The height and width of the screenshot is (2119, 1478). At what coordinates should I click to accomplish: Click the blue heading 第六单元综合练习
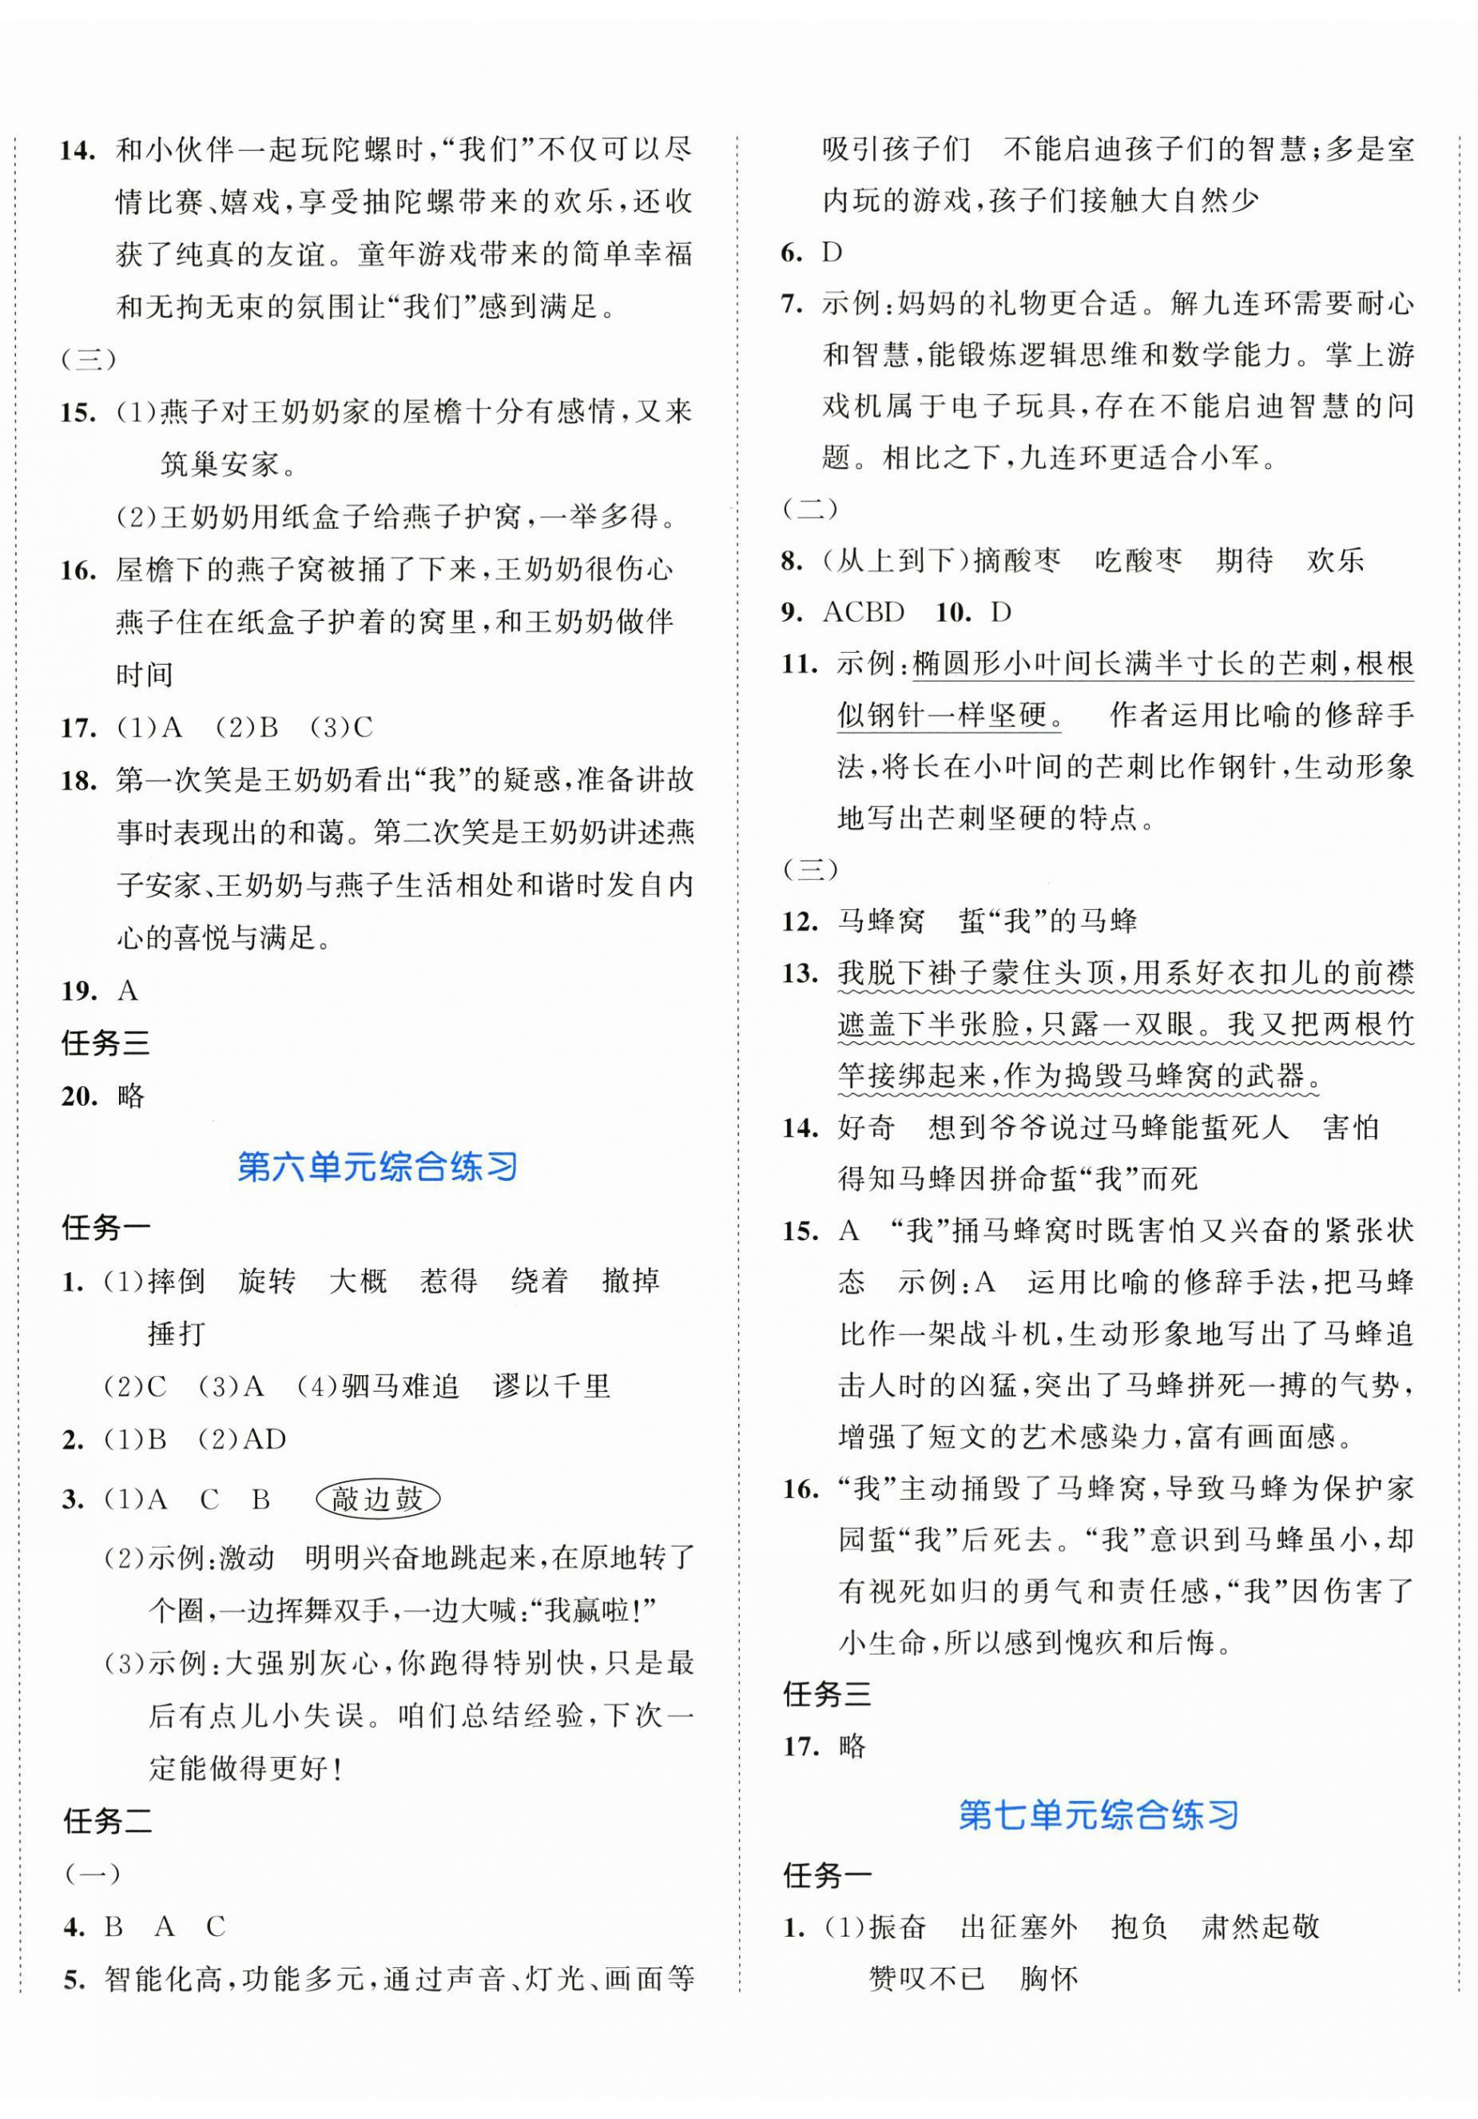[x=377, y=1167]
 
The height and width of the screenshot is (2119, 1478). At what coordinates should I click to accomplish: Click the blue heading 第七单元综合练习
[x=1098, y=1815]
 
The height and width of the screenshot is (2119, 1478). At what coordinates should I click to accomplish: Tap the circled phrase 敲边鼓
[x=377, y=1499]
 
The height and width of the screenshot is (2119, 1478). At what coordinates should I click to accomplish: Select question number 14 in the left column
[x=78, y=150]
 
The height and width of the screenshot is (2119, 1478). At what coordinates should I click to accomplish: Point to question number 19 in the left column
[x=78, y=992]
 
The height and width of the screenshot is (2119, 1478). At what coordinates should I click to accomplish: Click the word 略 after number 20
[x=131, y=1096]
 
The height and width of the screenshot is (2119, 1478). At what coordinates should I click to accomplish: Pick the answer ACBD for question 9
[x=863, y=612]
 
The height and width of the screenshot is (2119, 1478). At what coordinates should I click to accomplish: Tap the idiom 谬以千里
[x=552, y=1385]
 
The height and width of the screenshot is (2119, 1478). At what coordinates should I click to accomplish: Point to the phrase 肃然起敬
[x=1260, y=1926]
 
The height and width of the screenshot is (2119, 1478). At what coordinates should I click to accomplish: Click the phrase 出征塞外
[x=1019, y=1926]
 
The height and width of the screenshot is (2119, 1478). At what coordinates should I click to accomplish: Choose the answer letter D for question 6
[x=832, y=252]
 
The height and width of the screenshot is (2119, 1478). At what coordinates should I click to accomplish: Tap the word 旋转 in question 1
[x=267, y=1281]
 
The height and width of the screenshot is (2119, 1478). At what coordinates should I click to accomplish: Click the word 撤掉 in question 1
[x=630, y=1281]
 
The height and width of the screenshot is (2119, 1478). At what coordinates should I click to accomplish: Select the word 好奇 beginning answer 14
[x=866, y=1127]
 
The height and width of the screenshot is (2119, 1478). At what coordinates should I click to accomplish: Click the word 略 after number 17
[x=852, y=1745]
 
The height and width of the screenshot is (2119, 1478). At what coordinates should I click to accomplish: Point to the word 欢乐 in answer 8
[x=1335, y=560]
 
